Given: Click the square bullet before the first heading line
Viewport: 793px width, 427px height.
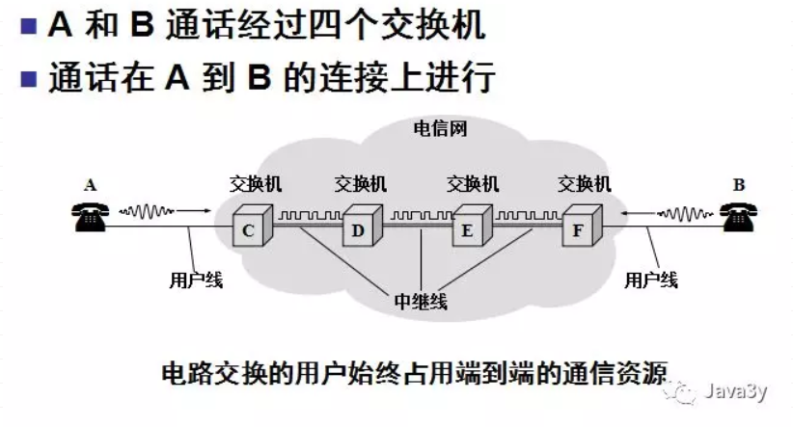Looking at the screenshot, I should pyautogui.click(x=27, y=27).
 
